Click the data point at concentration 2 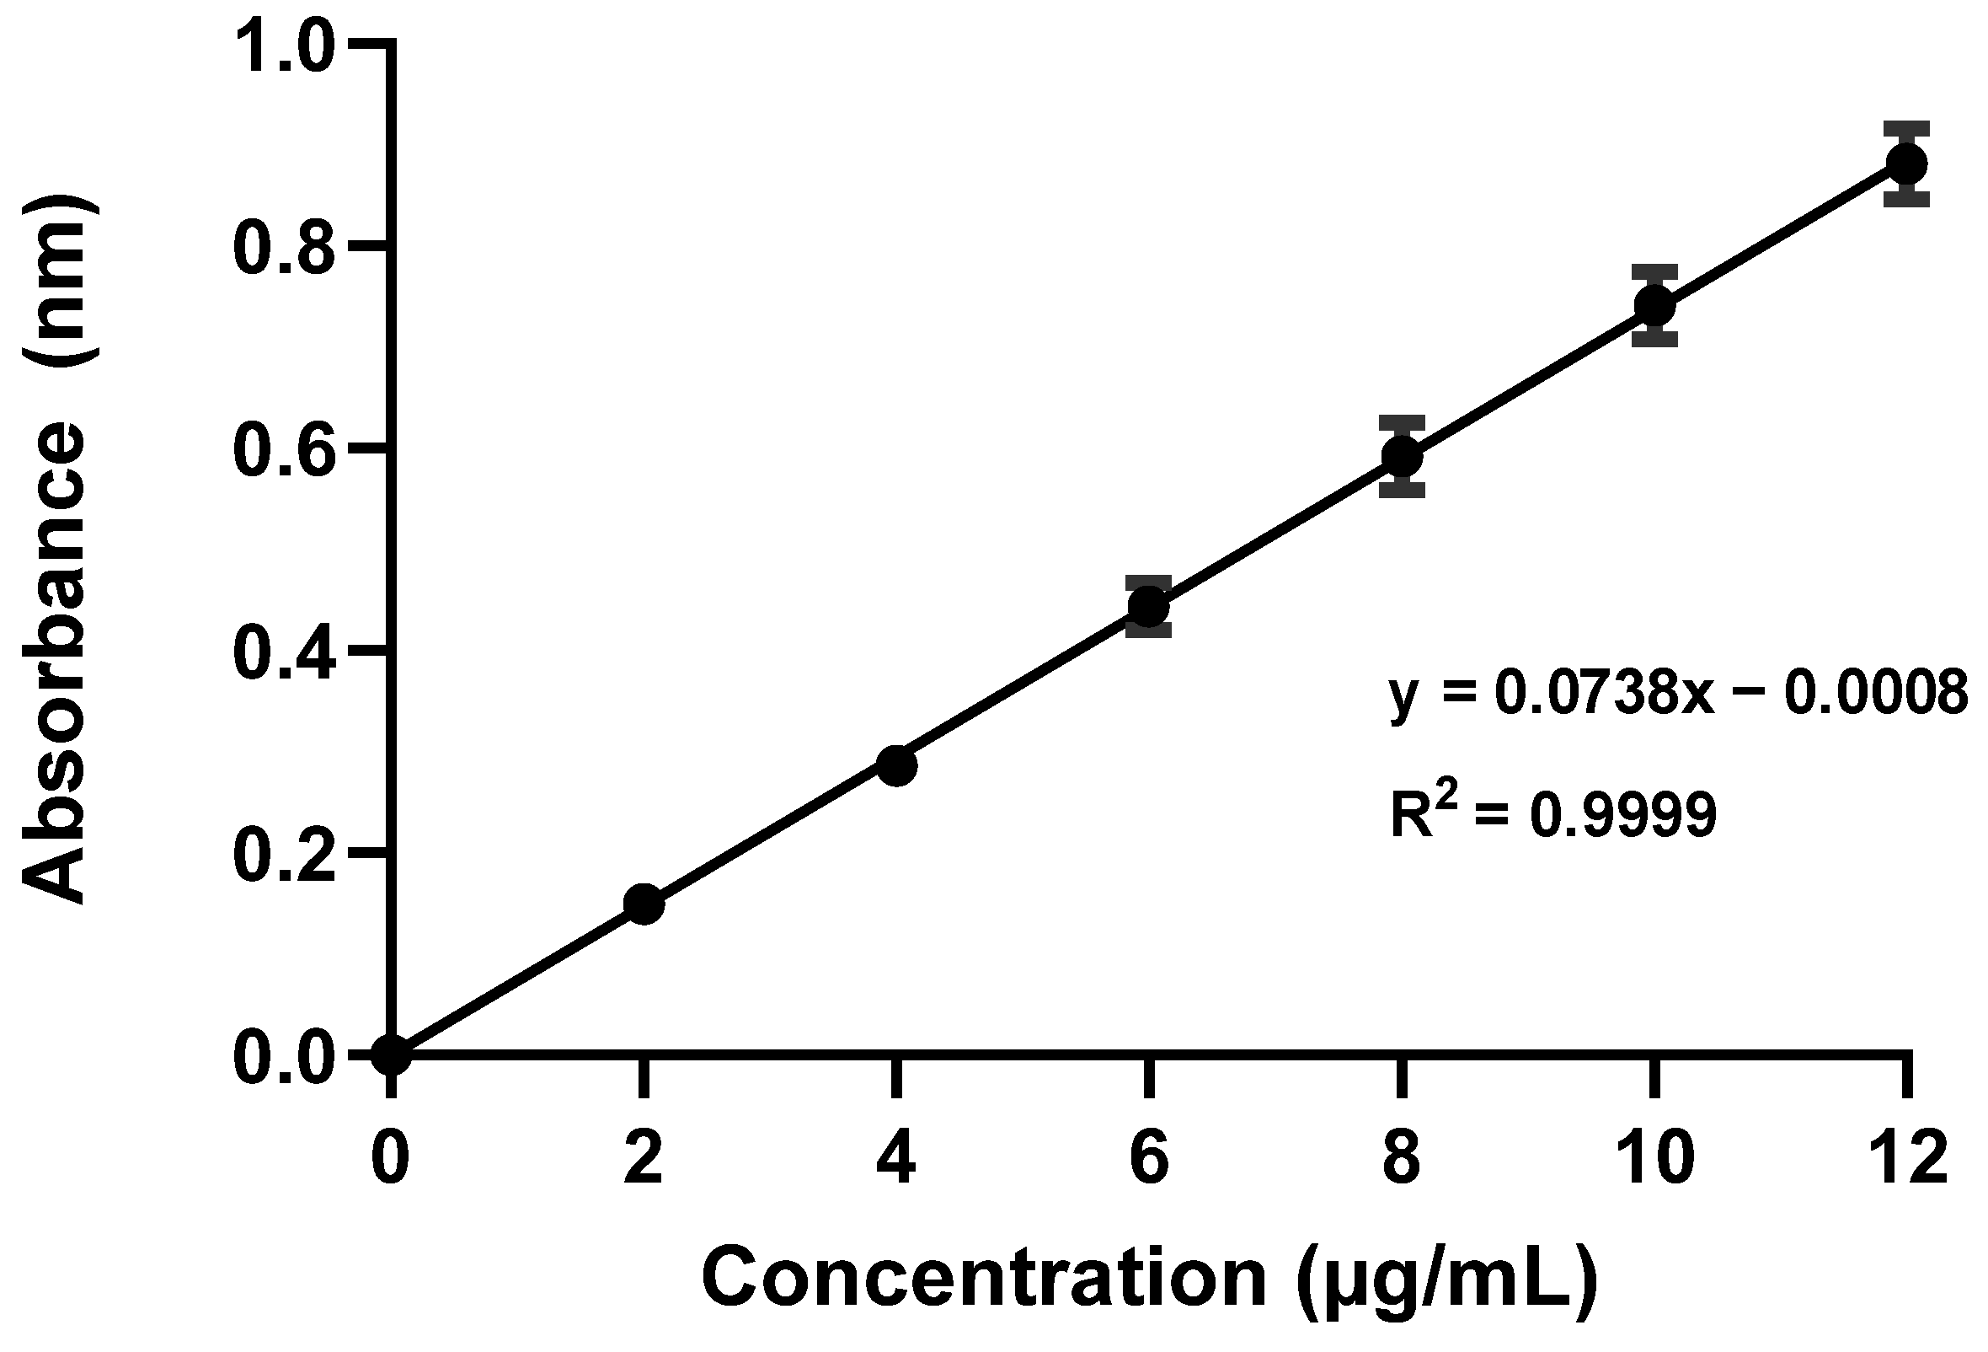pyautogui.click(x=644, y=904)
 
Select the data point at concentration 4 pyautogui.click(x=896, y=765)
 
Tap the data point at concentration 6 pyautogui.click(x=1148, y=607)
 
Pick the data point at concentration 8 pyautogui.click(x=1401, y=456)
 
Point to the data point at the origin pyautogui.click(x=392, y=1055)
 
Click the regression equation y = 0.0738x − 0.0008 pyautogui.click(x=1676, y=693)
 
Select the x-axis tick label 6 pyautogui.click(x=1149, y=1160)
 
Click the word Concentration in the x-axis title pyautogui.click(x=984, y=1278)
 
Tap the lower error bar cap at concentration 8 pyautogui.click(x=1401, y=491)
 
